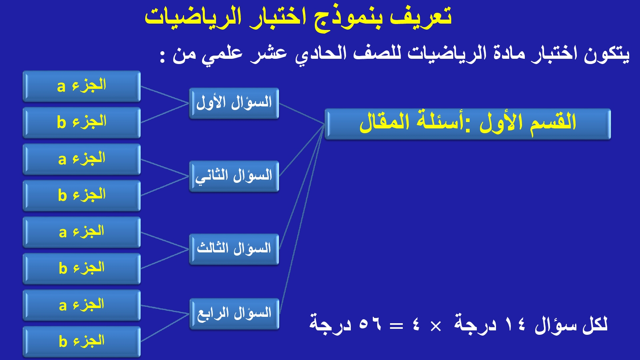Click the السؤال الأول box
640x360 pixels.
click(x=234, y=104)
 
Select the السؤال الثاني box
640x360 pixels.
click(x=234, y=176)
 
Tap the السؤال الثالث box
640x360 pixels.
click(x=234, y=249)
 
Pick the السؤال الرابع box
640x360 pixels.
click(x=234, y=314)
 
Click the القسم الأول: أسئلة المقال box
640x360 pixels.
click(x=468, y=124)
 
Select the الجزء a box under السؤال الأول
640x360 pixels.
click(x=82, y=86)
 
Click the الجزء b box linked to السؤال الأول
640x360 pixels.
click(x=82, y=123)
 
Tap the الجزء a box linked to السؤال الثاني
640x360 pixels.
click(x=82, y=160)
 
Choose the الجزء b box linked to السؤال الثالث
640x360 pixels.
click(x=82, y=268)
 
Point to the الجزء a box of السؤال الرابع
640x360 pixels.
click(x=82, y=305)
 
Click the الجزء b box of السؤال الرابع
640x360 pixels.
click(x=82, y=342)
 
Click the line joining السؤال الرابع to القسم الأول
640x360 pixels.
click(x=302, y=219)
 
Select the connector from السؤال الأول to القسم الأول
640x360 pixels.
click(x=302, y=114)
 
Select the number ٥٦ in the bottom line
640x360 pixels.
click(x=370, y=324)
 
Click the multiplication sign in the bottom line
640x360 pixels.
click(x=436, y=326)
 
